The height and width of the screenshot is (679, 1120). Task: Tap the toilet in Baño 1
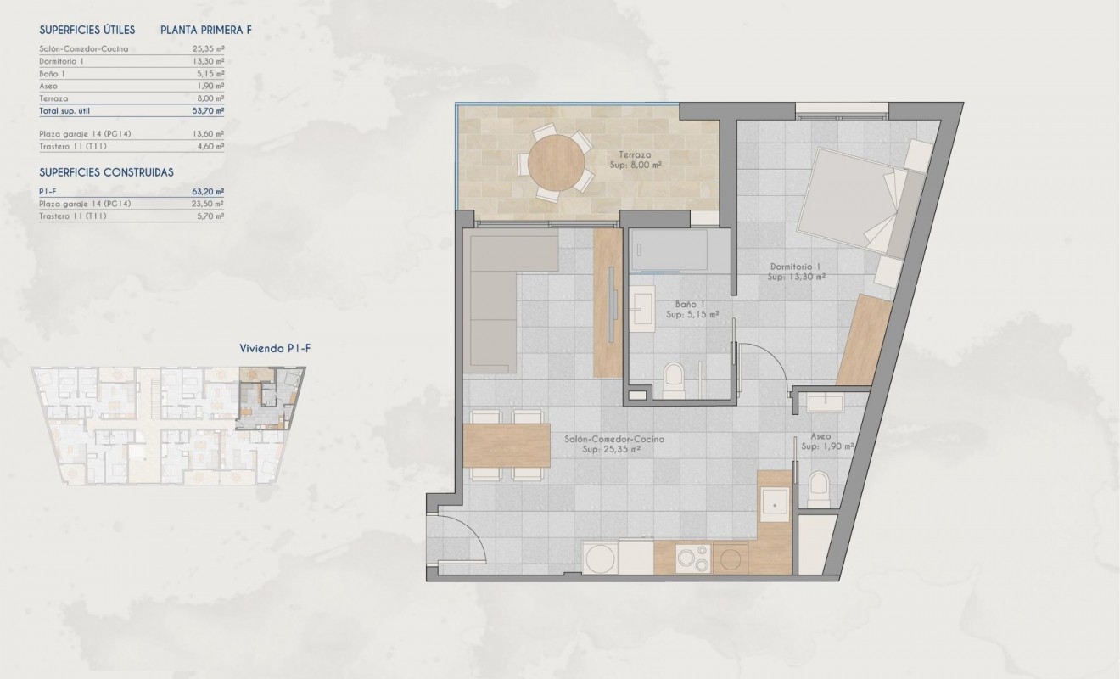point(674,379)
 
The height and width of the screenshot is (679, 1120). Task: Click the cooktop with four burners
point(694,557)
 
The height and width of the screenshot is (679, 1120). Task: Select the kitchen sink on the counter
point(775,503)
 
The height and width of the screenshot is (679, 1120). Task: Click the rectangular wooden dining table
point(507,445)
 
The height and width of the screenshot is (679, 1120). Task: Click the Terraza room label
point(635,155)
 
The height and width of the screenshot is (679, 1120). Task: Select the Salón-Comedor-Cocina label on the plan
point(613,439)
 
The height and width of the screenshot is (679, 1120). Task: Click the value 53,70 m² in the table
point(208,111)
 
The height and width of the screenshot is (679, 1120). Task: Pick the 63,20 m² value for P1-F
point(208,192)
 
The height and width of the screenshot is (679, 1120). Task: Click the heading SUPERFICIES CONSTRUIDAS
point(106,172)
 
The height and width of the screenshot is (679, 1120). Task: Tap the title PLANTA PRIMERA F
point(206,30)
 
